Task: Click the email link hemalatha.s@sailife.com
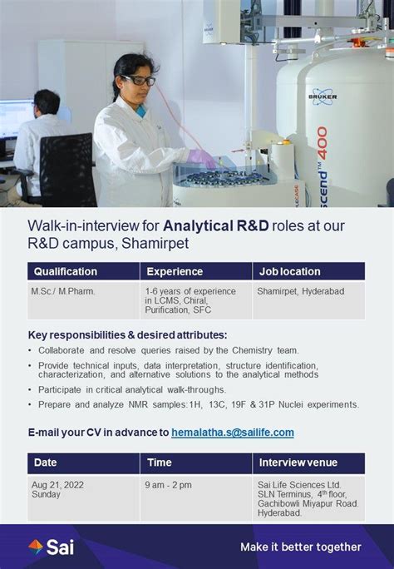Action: (233, 433)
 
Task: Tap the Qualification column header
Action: (66, 271)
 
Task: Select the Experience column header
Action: (175, 271)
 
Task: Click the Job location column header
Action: (289, 271)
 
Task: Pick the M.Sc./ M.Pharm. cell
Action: (63, 291)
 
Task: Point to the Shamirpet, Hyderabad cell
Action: (300, 291)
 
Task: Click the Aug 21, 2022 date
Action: (57, 485)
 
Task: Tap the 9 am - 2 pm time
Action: (168, 485)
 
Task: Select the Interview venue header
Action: (298, 463)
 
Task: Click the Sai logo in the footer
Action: (51, 547)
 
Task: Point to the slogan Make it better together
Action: (301, 547)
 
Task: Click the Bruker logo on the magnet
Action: (323, 96)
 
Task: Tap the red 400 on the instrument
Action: (323, 143)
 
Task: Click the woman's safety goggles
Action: (139, 80)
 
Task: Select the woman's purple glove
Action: (201, 159)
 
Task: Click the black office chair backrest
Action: (67, 169)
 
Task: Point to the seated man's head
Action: (47, 103)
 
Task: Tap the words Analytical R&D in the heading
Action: (216, 225)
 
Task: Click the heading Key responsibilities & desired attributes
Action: (127, 334)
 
